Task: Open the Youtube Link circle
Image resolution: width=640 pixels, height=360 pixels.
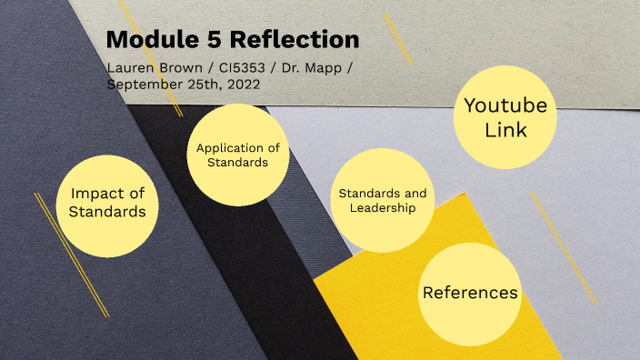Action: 505,118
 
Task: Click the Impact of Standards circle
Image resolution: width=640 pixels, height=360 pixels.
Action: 107,202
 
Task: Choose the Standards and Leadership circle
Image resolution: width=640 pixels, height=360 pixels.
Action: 383,201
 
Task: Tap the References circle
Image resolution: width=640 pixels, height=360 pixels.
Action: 470,293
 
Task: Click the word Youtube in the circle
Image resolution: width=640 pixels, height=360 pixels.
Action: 505,105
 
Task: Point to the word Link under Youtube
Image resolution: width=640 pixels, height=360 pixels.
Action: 505,130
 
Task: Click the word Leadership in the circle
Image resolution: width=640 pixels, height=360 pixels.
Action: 383,208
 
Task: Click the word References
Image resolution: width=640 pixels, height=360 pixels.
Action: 470,293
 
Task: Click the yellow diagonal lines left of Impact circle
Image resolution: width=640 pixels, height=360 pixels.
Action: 71,255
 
